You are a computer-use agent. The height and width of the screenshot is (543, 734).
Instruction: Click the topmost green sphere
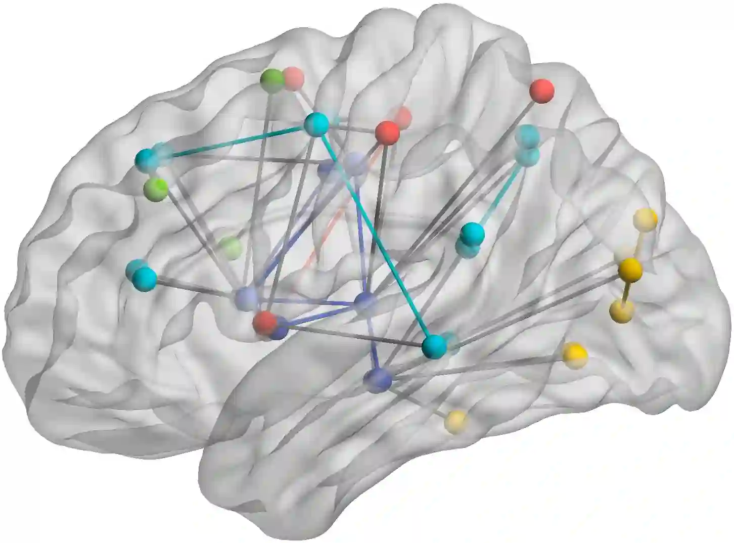[272, 81]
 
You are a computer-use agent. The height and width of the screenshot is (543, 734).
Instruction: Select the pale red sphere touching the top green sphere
[293, 78]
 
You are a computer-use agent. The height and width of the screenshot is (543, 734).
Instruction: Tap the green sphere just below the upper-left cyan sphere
[155, 190]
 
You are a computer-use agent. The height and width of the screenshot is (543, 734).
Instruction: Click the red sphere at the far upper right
[542, 91]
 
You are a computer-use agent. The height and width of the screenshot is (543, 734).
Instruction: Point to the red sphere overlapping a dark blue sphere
[264, 322]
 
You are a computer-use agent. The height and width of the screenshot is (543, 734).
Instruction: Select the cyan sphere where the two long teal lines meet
[317, 124]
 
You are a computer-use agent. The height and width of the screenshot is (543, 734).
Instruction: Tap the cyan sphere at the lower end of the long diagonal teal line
[434, 346]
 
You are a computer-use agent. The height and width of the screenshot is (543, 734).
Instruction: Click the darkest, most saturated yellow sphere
[630, 268]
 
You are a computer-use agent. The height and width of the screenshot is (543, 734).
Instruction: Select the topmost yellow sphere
[646, 219]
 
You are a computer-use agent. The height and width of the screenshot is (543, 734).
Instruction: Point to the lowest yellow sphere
[456, 421]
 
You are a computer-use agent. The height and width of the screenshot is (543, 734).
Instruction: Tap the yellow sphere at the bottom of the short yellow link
[621, 311]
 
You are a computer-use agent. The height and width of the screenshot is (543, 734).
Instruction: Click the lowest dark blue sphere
[378, 379]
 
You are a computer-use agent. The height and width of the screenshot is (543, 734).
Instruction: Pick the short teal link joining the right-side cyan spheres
[500, 192]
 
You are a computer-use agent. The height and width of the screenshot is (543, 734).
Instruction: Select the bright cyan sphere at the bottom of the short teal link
[472, 233]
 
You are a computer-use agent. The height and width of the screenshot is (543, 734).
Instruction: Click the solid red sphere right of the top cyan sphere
[387, 132]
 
